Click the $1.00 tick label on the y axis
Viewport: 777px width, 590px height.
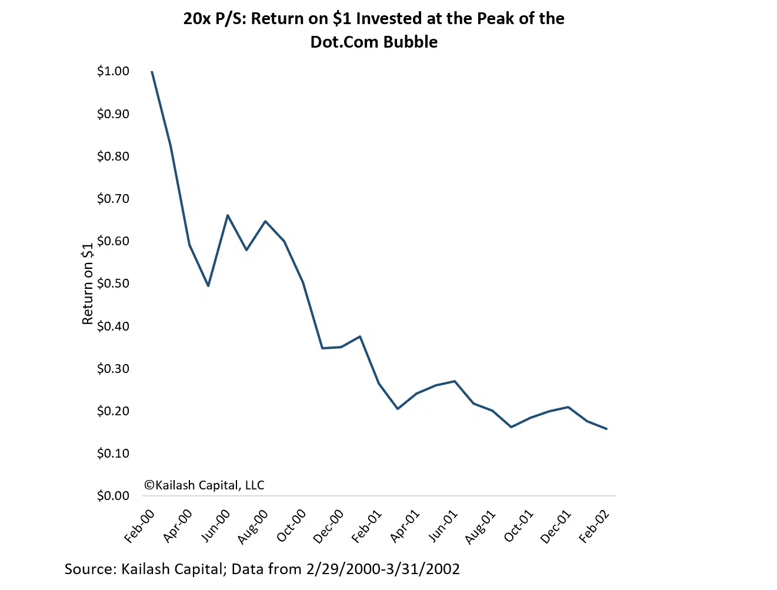(x=113, y=71)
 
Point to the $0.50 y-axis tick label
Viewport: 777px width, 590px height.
(x=113, y=284)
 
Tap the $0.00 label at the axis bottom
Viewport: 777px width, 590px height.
(x=113, y=496)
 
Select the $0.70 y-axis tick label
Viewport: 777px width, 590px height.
(x=113, y=199)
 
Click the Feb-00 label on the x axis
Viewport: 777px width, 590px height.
(x=140, y=525)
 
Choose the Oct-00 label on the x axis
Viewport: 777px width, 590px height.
(x=292, y=525)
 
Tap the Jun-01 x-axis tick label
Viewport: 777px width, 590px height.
(x=443, y=525)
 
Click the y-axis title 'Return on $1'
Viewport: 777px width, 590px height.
(x=88, y=284)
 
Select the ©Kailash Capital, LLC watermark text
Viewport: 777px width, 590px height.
(x=204, y=485)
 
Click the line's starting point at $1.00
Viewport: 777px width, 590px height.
(x=152, y=71)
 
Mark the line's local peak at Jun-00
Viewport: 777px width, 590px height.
(x=228, y=215)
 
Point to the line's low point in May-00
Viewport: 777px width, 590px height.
(x=208, y=286)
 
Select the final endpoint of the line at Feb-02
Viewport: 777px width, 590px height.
(x=606, y=429)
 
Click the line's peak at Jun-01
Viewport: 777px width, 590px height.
(x=455, y=381)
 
